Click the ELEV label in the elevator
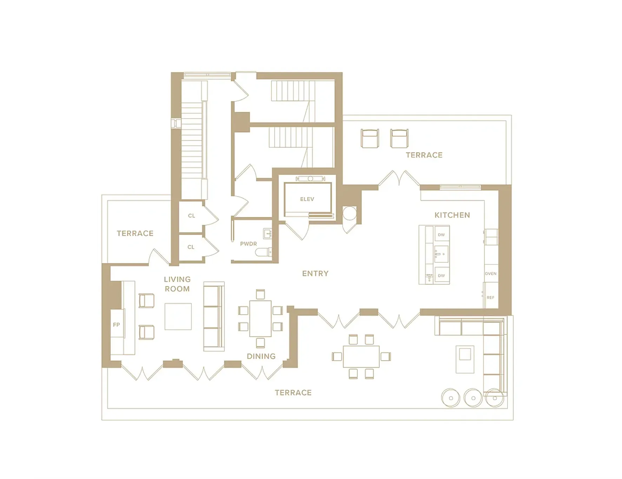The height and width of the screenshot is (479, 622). coord(307,199)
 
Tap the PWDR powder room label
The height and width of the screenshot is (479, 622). coord(248,244)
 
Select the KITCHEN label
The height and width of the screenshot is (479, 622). coord(452,215)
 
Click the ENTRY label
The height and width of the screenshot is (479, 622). coord(315,274)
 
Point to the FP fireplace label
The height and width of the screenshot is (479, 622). coord(116,325)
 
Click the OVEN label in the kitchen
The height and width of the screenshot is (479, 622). coord(490,274)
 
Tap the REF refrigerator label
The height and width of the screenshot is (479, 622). coord(490,297)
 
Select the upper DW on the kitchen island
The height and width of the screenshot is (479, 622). coord(441,235)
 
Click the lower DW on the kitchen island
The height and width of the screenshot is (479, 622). coord(441,276)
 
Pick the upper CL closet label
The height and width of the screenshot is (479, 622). coord(191,216)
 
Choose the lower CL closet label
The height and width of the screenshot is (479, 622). coord(191,247)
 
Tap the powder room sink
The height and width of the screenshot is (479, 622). coord(267,233)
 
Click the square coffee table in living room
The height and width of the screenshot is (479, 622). coord(178,316)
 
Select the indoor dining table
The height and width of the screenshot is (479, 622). coord(260,319)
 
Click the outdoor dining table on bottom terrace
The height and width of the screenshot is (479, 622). coord(361,356)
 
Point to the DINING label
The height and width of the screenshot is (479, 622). coord(261,356)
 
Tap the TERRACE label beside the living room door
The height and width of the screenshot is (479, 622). coord(135,234)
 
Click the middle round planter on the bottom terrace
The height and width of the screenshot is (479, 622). coord(473,398)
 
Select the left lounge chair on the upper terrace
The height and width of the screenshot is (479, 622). coord(370,138)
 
